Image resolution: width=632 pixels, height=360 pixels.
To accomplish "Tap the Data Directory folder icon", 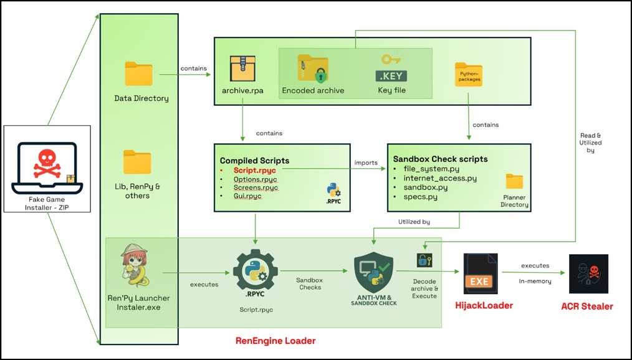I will tap(138, 74).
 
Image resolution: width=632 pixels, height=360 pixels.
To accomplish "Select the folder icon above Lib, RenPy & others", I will tap(137, 162).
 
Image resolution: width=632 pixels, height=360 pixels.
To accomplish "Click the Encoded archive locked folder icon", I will tap(312, 69).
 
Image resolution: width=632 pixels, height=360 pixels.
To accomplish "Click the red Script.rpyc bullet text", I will tap(256, 169).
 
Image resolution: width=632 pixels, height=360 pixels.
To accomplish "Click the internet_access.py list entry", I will tap(440, 178).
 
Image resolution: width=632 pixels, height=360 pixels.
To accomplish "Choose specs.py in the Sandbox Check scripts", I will tap(420, 197).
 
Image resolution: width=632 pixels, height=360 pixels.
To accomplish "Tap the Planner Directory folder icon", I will tap(514, 182).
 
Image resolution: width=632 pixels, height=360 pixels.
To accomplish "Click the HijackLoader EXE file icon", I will tap(480, 274).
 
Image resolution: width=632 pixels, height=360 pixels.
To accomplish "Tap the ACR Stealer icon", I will tap(588, 274).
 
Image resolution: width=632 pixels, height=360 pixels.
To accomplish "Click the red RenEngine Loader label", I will tap(275, 340).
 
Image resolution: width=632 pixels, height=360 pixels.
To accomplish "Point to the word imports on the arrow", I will tap(366, 163).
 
